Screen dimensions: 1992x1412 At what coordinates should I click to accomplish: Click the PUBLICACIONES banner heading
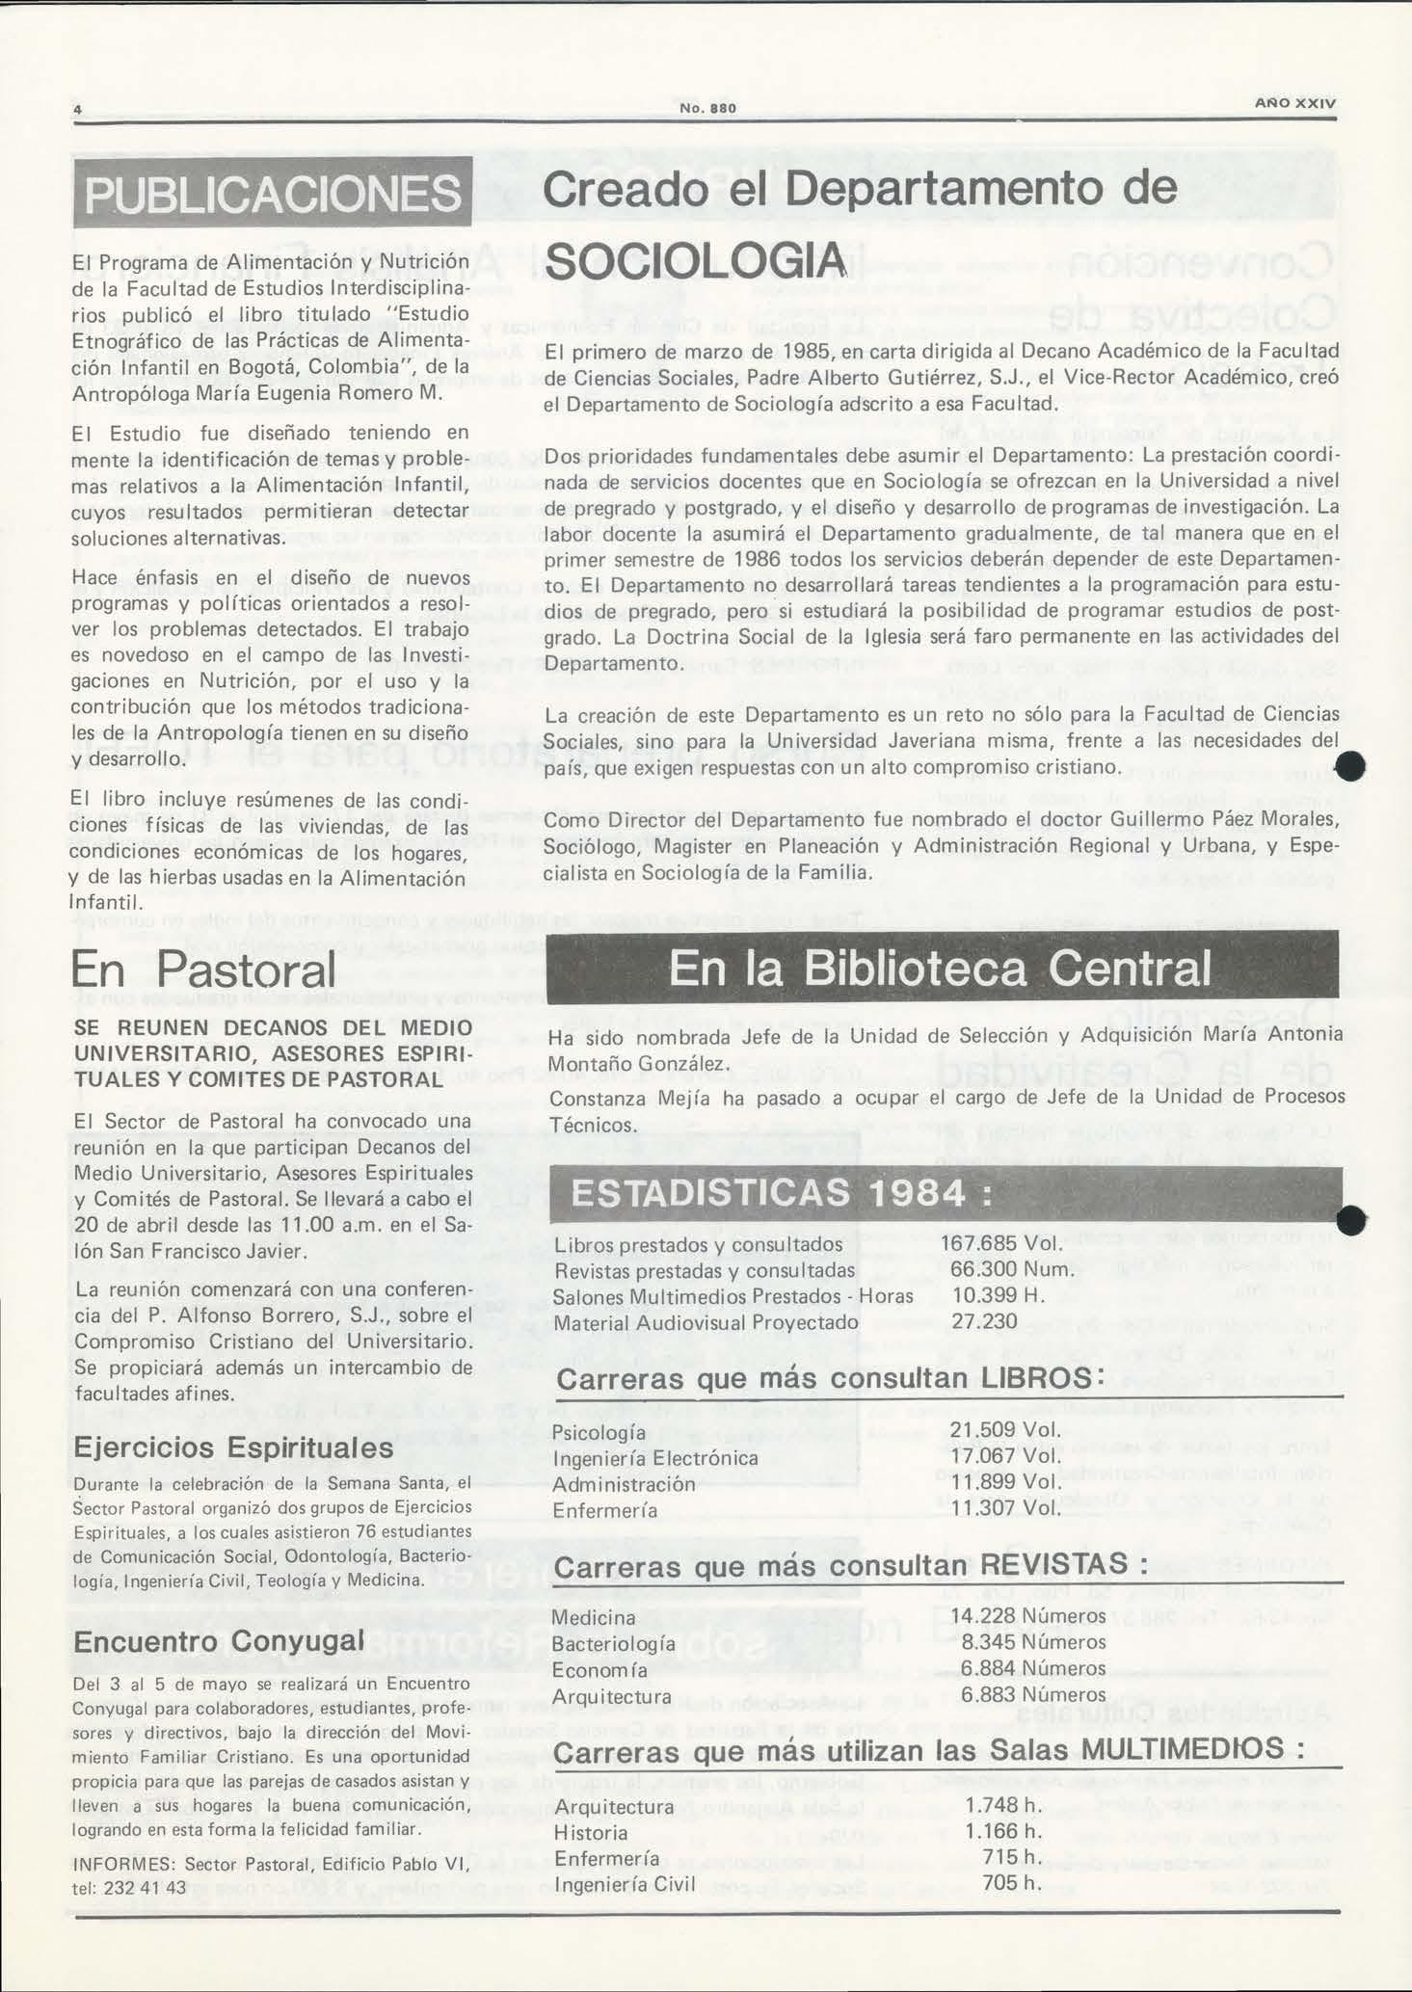click(x=273, y=193)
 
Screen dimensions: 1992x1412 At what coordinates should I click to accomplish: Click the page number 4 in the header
click(x=76, y=108)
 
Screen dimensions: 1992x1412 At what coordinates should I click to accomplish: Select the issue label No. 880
click(x=707, y=108)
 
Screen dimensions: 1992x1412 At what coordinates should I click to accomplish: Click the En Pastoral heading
click(x=203, y=969)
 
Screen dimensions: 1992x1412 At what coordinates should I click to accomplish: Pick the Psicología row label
click(x=599, y=1433)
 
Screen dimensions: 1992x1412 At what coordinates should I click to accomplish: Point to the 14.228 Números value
click(x=1027, y=1615)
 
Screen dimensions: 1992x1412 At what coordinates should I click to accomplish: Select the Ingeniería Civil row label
click(x=625, y=1883)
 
